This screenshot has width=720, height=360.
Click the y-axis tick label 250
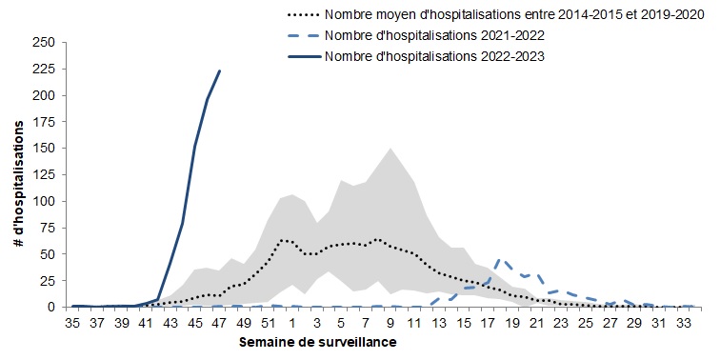point(42,43)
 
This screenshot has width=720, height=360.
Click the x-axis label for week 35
point(73,323)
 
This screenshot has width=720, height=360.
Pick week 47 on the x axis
point(219,323)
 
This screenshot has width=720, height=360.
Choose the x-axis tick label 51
point(268,323)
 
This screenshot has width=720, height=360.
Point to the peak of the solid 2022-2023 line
point(220,70)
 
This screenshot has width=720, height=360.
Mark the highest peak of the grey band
point(390,149)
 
